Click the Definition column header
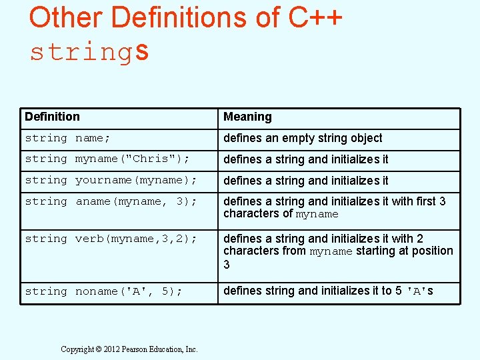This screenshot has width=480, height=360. (52, 117)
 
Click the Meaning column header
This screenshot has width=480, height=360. (247, 117)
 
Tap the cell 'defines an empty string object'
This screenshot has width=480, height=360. (303, 138)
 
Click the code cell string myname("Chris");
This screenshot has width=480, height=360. (107, 159)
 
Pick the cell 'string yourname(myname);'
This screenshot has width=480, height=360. (111, 180)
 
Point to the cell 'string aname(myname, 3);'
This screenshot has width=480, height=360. (111, 201)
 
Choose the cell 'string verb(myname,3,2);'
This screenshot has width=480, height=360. (111, 239)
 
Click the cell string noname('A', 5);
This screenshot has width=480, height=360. (103, 291)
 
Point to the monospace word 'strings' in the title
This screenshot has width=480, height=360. (89, 51)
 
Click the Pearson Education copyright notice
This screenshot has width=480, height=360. (129, 349)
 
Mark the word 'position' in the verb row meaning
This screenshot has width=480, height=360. (430, 251)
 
